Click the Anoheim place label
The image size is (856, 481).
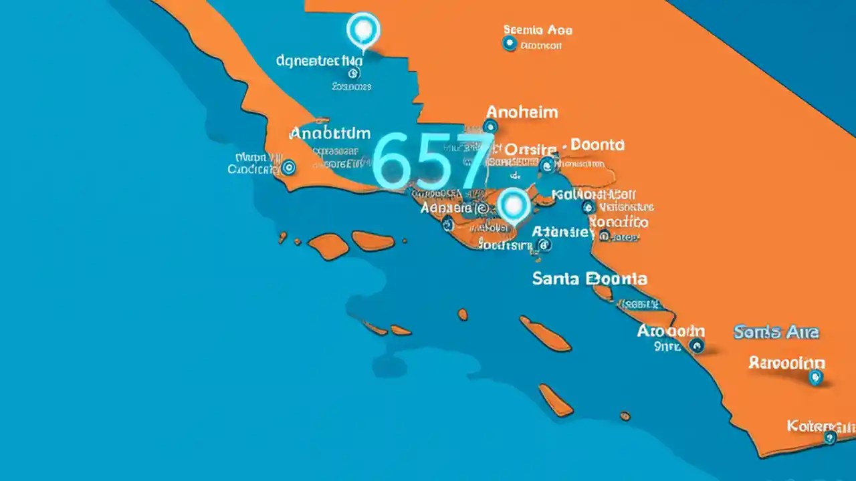[x=522, y=112]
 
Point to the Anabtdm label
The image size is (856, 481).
[x=330, y=134]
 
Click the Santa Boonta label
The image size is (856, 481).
[x=589, y=279]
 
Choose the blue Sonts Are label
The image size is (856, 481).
[x=776, y=332]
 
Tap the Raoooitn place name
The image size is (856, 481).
[x=786, y=363]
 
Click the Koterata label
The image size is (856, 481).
[x=821, y=425]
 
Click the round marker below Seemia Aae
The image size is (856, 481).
[x=510, y=44]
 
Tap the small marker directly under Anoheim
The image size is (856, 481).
[x=491, y=126]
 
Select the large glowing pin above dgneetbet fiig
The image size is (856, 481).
[x=363, y=29]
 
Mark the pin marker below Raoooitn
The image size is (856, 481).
[x=815, y=377]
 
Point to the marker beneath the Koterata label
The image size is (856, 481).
[x=830, y=438]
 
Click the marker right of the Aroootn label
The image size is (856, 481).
[x=697, y=345]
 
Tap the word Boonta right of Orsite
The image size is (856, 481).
[x=598, y=144]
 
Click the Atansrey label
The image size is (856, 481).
[x=563, y=232]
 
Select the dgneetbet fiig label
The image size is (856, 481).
[x=319, y=61]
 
